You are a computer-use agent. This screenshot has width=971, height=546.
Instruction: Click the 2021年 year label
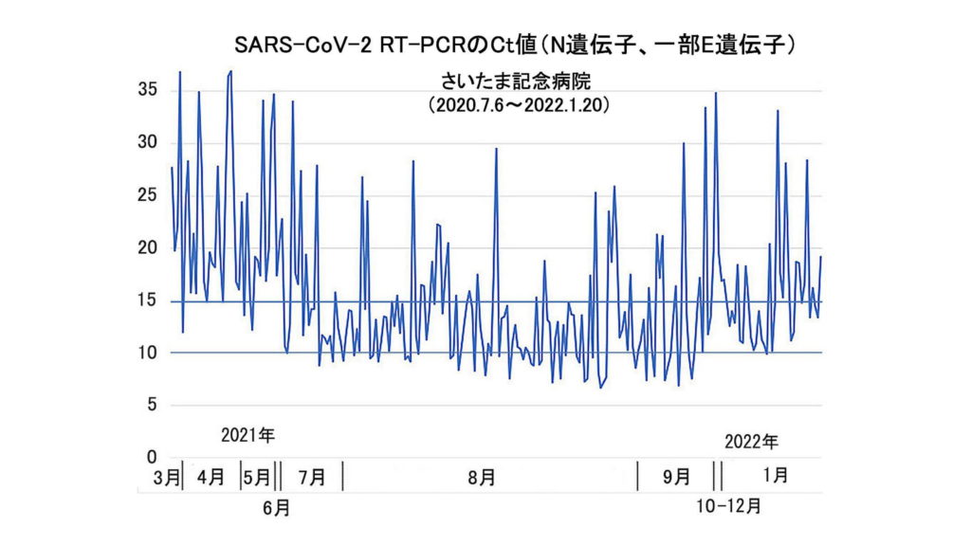[x=247, y=437]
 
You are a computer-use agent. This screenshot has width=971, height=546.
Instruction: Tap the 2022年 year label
[x=751, y=442]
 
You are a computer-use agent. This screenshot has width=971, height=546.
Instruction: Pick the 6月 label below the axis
[x=276, y=508]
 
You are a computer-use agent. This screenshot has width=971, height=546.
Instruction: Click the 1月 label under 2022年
[x=775, y=475]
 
